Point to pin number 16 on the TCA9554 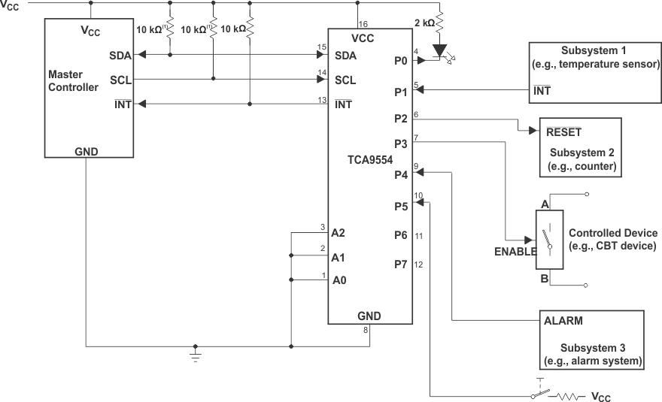(363, 24)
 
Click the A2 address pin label (339, 233)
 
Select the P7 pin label (400, 264)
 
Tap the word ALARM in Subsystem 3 (563, 320)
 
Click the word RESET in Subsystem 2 (564, 131)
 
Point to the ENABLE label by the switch (515, 252)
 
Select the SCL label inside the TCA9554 (345, 80)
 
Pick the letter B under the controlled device (543, 279)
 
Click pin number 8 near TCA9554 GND (366, 330)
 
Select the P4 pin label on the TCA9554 (400, 175)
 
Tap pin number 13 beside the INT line (322, 99)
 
